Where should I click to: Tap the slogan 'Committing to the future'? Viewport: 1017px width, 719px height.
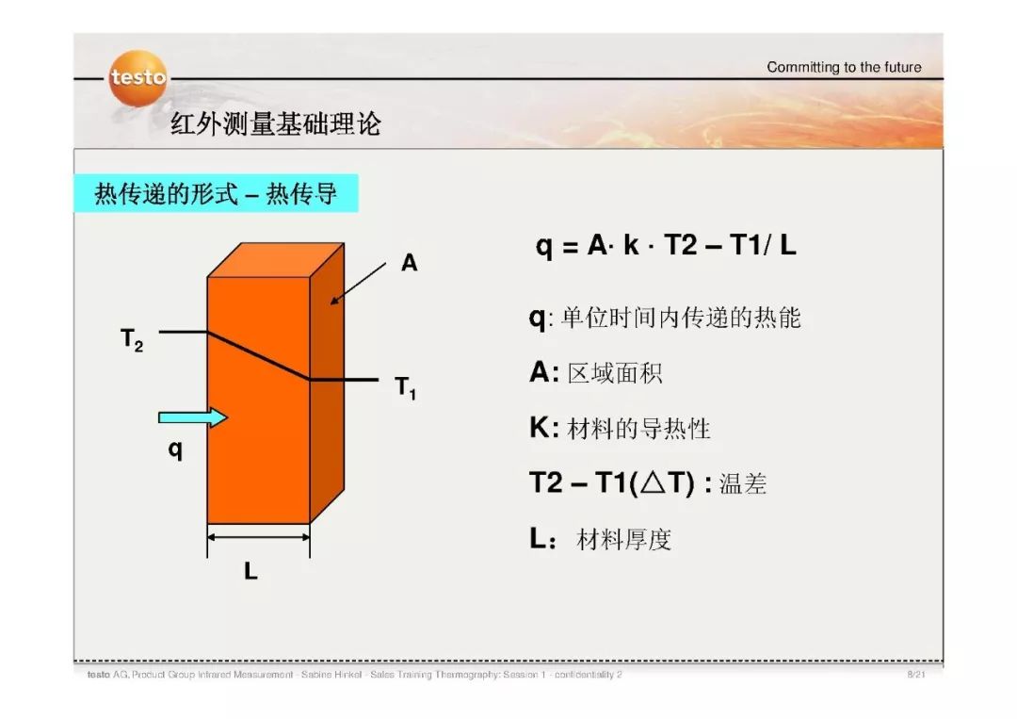[844, 67]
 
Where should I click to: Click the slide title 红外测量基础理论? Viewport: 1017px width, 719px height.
[276, 124]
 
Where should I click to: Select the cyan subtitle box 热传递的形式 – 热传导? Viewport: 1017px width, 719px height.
[216, 195]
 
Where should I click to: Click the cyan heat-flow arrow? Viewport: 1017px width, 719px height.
[193, 417]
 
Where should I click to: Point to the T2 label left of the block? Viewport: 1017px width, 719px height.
[132, 339]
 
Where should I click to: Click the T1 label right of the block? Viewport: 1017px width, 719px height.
[405, 386]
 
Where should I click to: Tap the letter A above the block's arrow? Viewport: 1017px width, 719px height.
[410, 264]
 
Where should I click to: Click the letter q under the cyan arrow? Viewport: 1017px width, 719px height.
[175, 449]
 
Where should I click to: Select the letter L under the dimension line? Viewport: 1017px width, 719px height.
[250, 571]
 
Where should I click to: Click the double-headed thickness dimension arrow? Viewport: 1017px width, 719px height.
[258, 538]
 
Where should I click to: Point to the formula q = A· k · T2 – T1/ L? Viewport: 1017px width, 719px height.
[666, 247]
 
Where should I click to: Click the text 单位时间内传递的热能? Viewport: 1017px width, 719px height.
[681, 318]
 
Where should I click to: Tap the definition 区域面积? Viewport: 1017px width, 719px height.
[615, 373]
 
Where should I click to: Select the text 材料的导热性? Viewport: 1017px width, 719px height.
[638, 430]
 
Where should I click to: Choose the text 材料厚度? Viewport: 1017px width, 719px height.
[623, 541]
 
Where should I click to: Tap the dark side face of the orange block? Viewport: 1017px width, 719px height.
[328, 396]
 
